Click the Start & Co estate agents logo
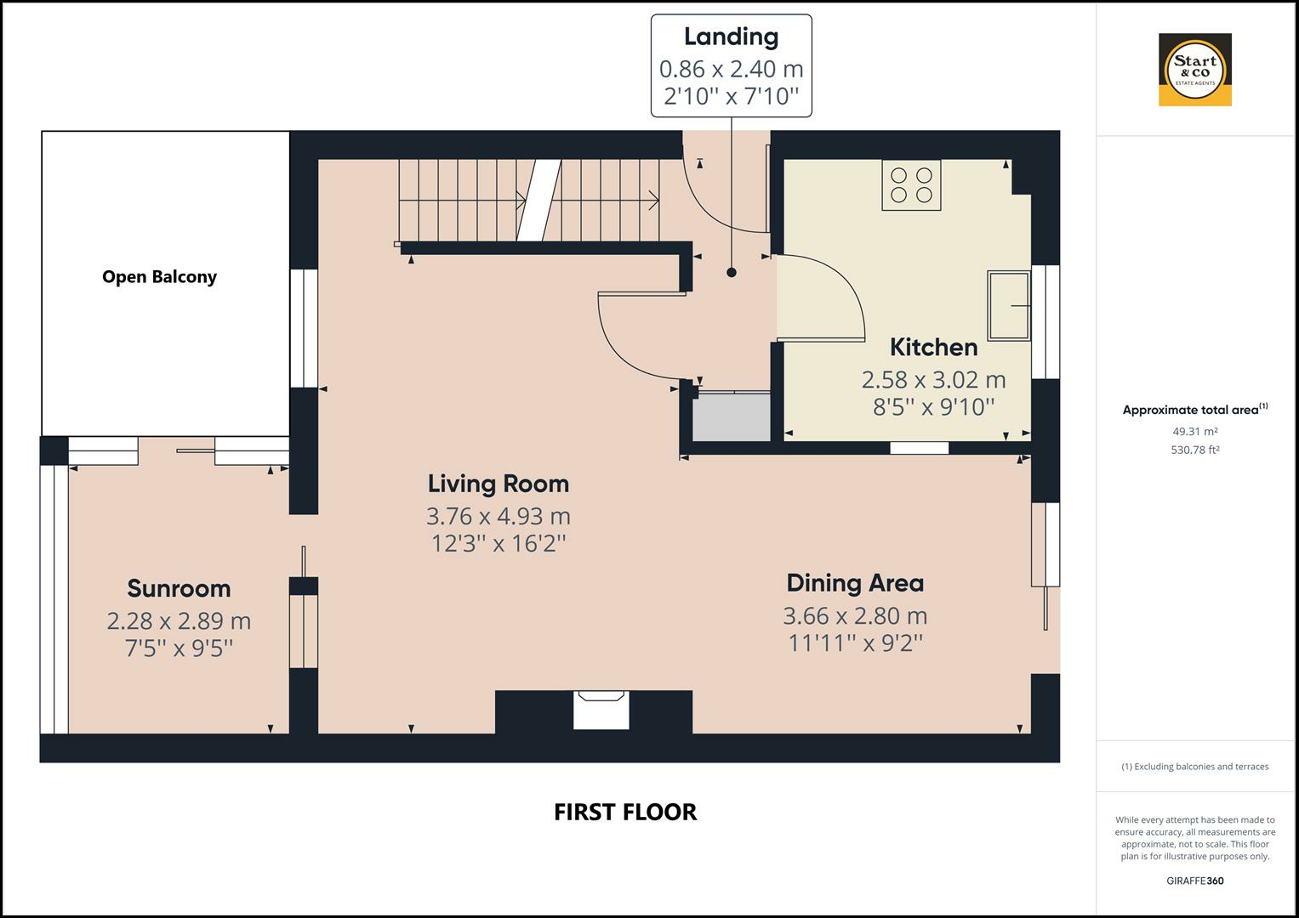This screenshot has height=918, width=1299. [x=1195, y=70]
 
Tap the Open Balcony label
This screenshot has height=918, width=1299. [x=159, y=277]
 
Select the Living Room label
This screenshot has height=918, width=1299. [x=499, y=484]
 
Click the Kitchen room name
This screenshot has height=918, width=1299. [x=934, y=347]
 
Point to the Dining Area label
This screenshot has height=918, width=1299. [x=855, y=583]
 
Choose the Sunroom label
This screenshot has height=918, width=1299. [x=179, y=589]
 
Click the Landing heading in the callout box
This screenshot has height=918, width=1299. [x=732, y=37]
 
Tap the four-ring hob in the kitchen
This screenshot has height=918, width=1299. [x=911, y=185]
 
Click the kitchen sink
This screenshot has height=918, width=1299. [x=1009, y=305]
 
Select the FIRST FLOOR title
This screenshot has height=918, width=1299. [x=625, y=812]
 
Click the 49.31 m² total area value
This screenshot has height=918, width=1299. [x=1194, y=432]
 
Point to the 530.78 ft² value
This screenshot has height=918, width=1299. [x=1194, y=450]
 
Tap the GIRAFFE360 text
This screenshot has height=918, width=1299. [x=1194, y=881]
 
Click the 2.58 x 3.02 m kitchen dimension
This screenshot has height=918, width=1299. [x=934, y=380]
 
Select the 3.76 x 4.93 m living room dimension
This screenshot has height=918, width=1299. [x=499, y=516]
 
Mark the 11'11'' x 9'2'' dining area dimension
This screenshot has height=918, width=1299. [x=855, y=643]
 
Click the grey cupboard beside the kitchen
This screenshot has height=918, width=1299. [x=732, y=417]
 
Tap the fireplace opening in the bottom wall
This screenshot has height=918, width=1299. [x=601, y=710]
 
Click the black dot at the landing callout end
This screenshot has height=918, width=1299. [x=732, y=272]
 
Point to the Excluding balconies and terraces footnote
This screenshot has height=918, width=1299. [x=1194, y=767]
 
